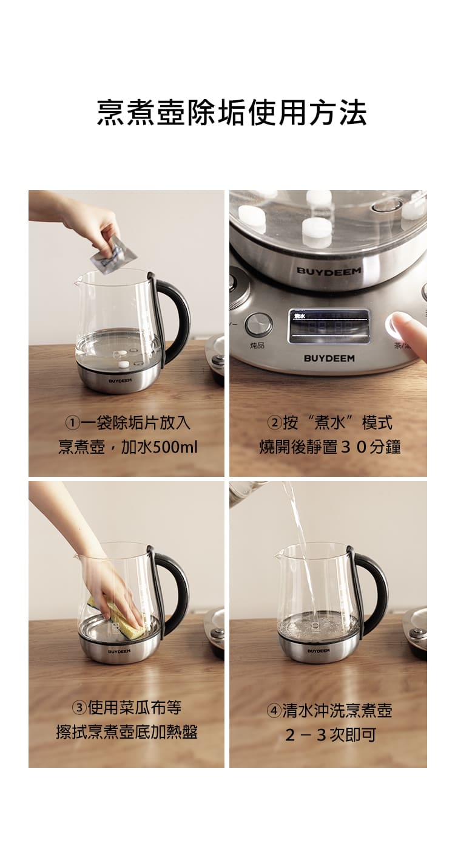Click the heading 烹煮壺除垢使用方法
(232, 113)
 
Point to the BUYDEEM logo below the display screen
(329, 358)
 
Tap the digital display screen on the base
(328, 326)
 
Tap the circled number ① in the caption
(72, 423)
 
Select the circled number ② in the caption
(274, 423)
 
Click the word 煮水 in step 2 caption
(330, 423)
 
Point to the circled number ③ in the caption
(79, 708)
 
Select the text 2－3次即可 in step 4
(331, 735)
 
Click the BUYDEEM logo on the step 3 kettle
(119, 651)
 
